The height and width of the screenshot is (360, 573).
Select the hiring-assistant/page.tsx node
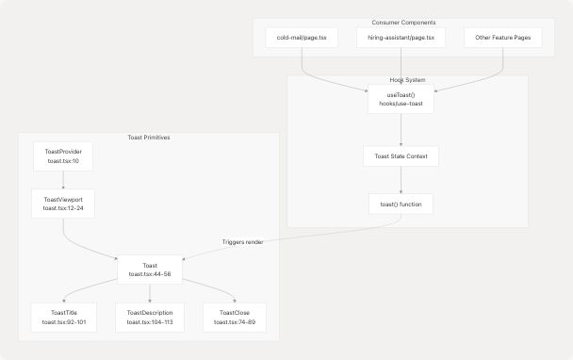[x=401, y=39]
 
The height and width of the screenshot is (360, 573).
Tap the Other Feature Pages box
[x=502, y=39]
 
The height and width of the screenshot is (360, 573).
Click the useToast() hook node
[x=401, y=100]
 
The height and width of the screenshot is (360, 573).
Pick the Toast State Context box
[x=401, y=156]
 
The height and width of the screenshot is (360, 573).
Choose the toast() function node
[x=401, y=204]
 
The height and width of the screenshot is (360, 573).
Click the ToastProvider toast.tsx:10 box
[x=62, y=156]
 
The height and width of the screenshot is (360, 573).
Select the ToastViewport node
[x=62, y=204]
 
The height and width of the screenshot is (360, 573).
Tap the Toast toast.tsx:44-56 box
[x=149, y=270]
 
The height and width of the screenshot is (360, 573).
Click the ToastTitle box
[x=62, y=318]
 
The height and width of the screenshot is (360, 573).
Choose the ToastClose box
[x=234, y=318]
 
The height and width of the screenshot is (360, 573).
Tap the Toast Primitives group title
[x=149, y=138]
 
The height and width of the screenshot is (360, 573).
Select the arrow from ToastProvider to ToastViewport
[x=62, y=180]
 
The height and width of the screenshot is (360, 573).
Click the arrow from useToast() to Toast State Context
[x=401, y=129]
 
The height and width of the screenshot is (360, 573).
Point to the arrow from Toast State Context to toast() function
[x=401, y=180]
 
